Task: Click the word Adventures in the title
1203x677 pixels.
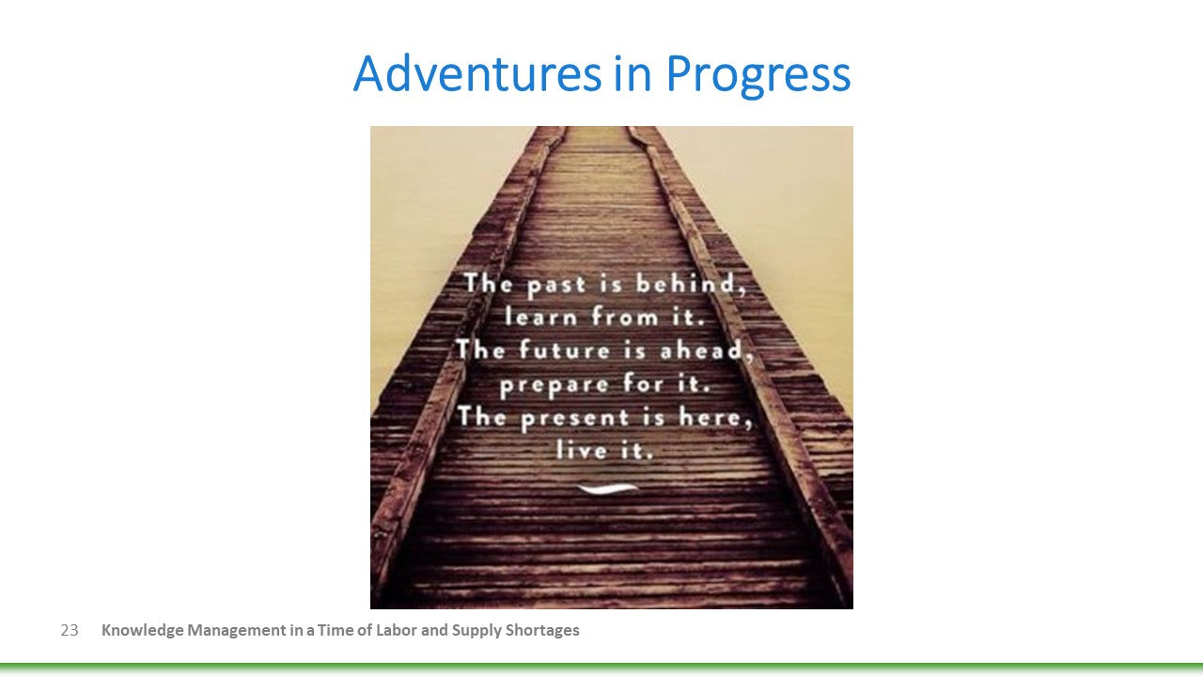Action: pyautogui.click(x=477, y=73)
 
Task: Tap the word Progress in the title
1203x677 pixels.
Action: pyautogui.click(x=758, y=76)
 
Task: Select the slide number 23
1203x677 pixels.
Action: pyautogui.click(x=70, y=630)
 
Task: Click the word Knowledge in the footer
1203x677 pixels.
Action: pyautogui.click(x=142, y=630)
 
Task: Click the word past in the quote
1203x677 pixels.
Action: pyautogui.click(x=555, y=285)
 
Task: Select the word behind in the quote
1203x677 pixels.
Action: pyautogui.click(x=691, y=283)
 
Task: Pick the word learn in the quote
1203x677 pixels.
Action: pyautogui.click(x=541, y=316)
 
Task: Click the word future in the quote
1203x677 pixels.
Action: pyautogui.click(x=565, y=350)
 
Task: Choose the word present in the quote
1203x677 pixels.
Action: pyautogui.click(x=574, y=418)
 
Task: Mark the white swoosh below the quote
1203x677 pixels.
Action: pyautogui.click(x=608, y=488)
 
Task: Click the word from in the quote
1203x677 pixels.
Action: pyautogui.click(x=625, y=316)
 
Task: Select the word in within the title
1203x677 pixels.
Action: pyautogui.click(x=633, y=74)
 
